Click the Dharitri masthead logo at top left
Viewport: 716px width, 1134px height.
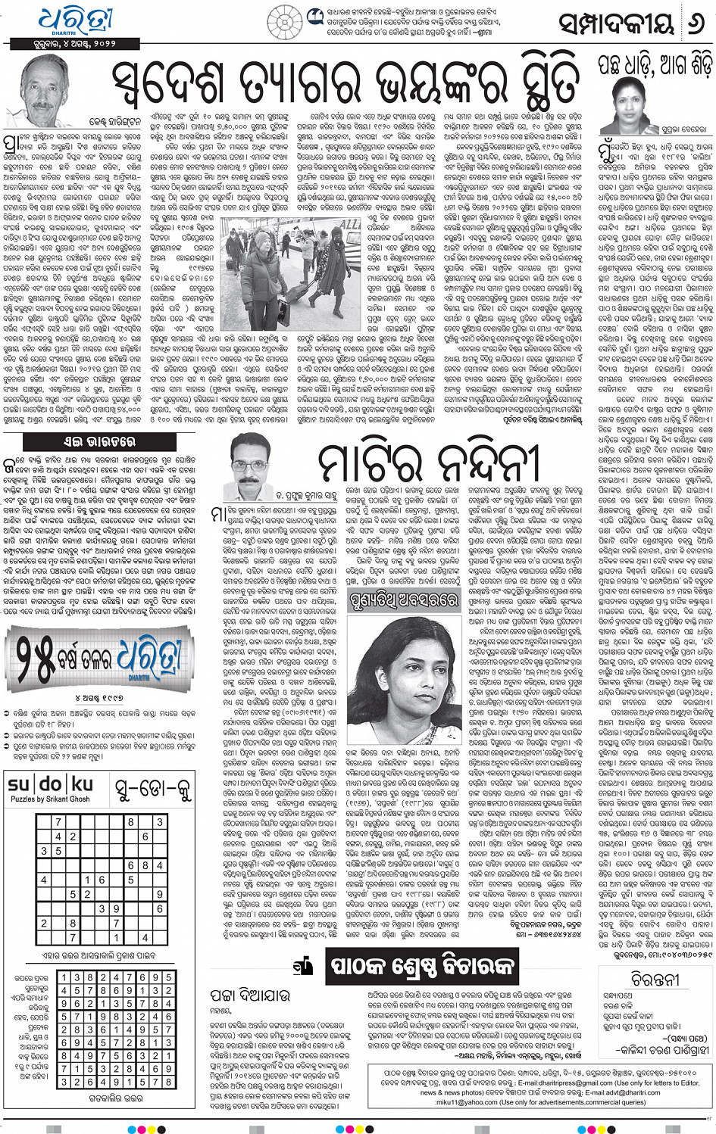77,20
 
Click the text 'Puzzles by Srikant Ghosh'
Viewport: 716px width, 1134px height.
50,799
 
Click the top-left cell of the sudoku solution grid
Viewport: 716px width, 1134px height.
66,978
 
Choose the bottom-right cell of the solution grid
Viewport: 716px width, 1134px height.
166,1082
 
